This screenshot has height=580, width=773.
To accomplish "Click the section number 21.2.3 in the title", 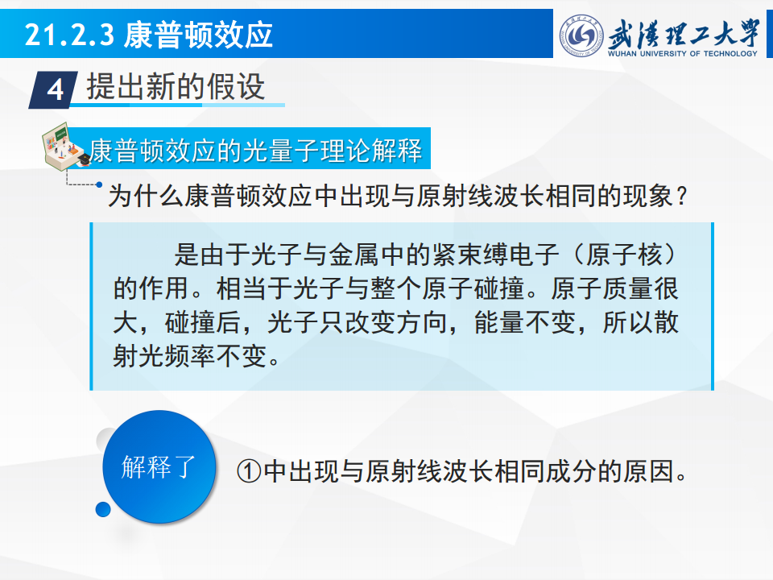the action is pos(69,35).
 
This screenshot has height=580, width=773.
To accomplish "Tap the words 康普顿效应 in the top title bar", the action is pos(198,35).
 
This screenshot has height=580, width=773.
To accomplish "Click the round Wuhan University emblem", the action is pos(581,35).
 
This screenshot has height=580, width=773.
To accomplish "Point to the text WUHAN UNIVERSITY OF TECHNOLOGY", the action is pos(682,53).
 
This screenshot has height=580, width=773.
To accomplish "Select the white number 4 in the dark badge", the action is pos(55,90).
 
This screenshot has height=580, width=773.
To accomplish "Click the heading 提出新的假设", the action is pos(176,86).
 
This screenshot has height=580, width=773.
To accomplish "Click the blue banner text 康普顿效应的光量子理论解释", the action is pos(256,150).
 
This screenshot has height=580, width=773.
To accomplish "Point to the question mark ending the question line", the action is pos(682,197).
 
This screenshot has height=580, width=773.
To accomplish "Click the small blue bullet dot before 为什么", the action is pos(99,185).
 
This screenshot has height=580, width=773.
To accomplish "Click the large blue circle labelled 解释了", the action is pos(159,466).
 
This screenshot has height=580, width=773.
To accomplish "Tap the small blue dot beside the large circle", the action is pos(103,509).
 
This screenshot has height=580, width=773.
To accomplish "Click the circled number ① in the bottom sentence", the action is pos(249,471).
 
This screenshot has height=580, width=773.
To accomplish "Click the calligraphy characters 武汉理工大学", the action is pos(684,34).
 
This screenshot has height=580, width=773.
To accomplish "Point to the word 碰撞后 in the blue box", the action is pos(203,322).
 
